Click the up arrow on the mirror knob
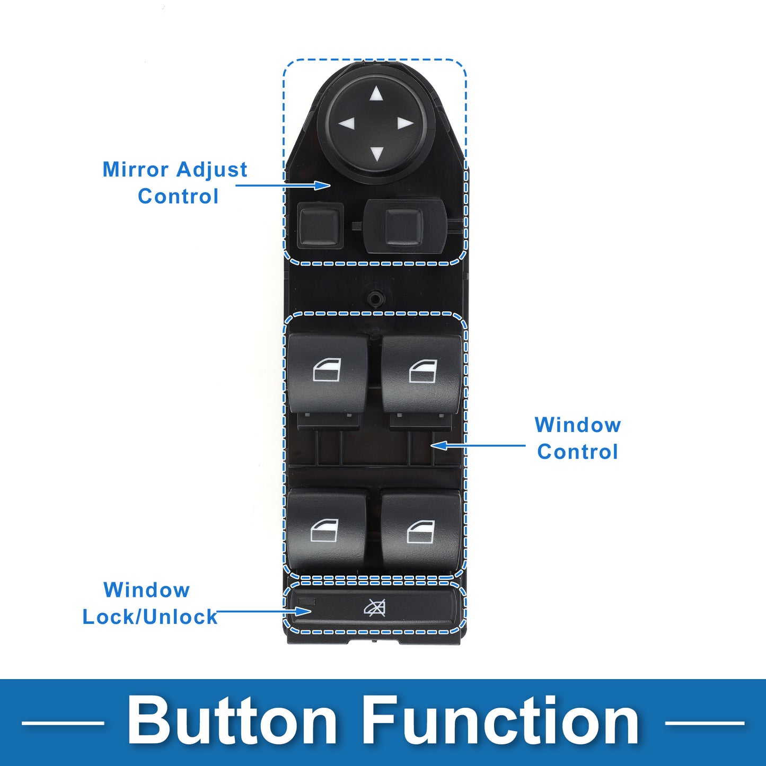pos(376,94)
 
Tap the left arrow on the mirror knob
pos(346,124)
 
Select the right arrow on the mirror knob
pos(406,124)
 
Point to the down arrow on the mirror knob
pos(376,153)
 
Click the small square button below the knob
pos(320,226)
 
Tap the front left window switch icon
pos(327,369)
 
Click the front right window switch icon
pos(423,371)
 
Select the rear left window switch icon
pos(324,530)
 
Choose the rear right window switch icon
pos(421,531)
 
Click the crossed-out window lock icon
pos(375,608)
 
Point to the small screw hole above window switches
pos(375,296)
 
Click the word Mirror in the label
pos(136,169)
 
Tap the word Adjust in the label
pos(212,170)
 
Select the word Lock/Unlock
pos(150,617)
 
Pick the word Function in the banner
pos(500,721)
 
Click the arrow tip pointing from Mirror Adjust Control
pos(330,185)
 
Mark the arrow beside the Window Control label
pos(478,445)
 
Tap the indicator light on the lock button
pos(307,602)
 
